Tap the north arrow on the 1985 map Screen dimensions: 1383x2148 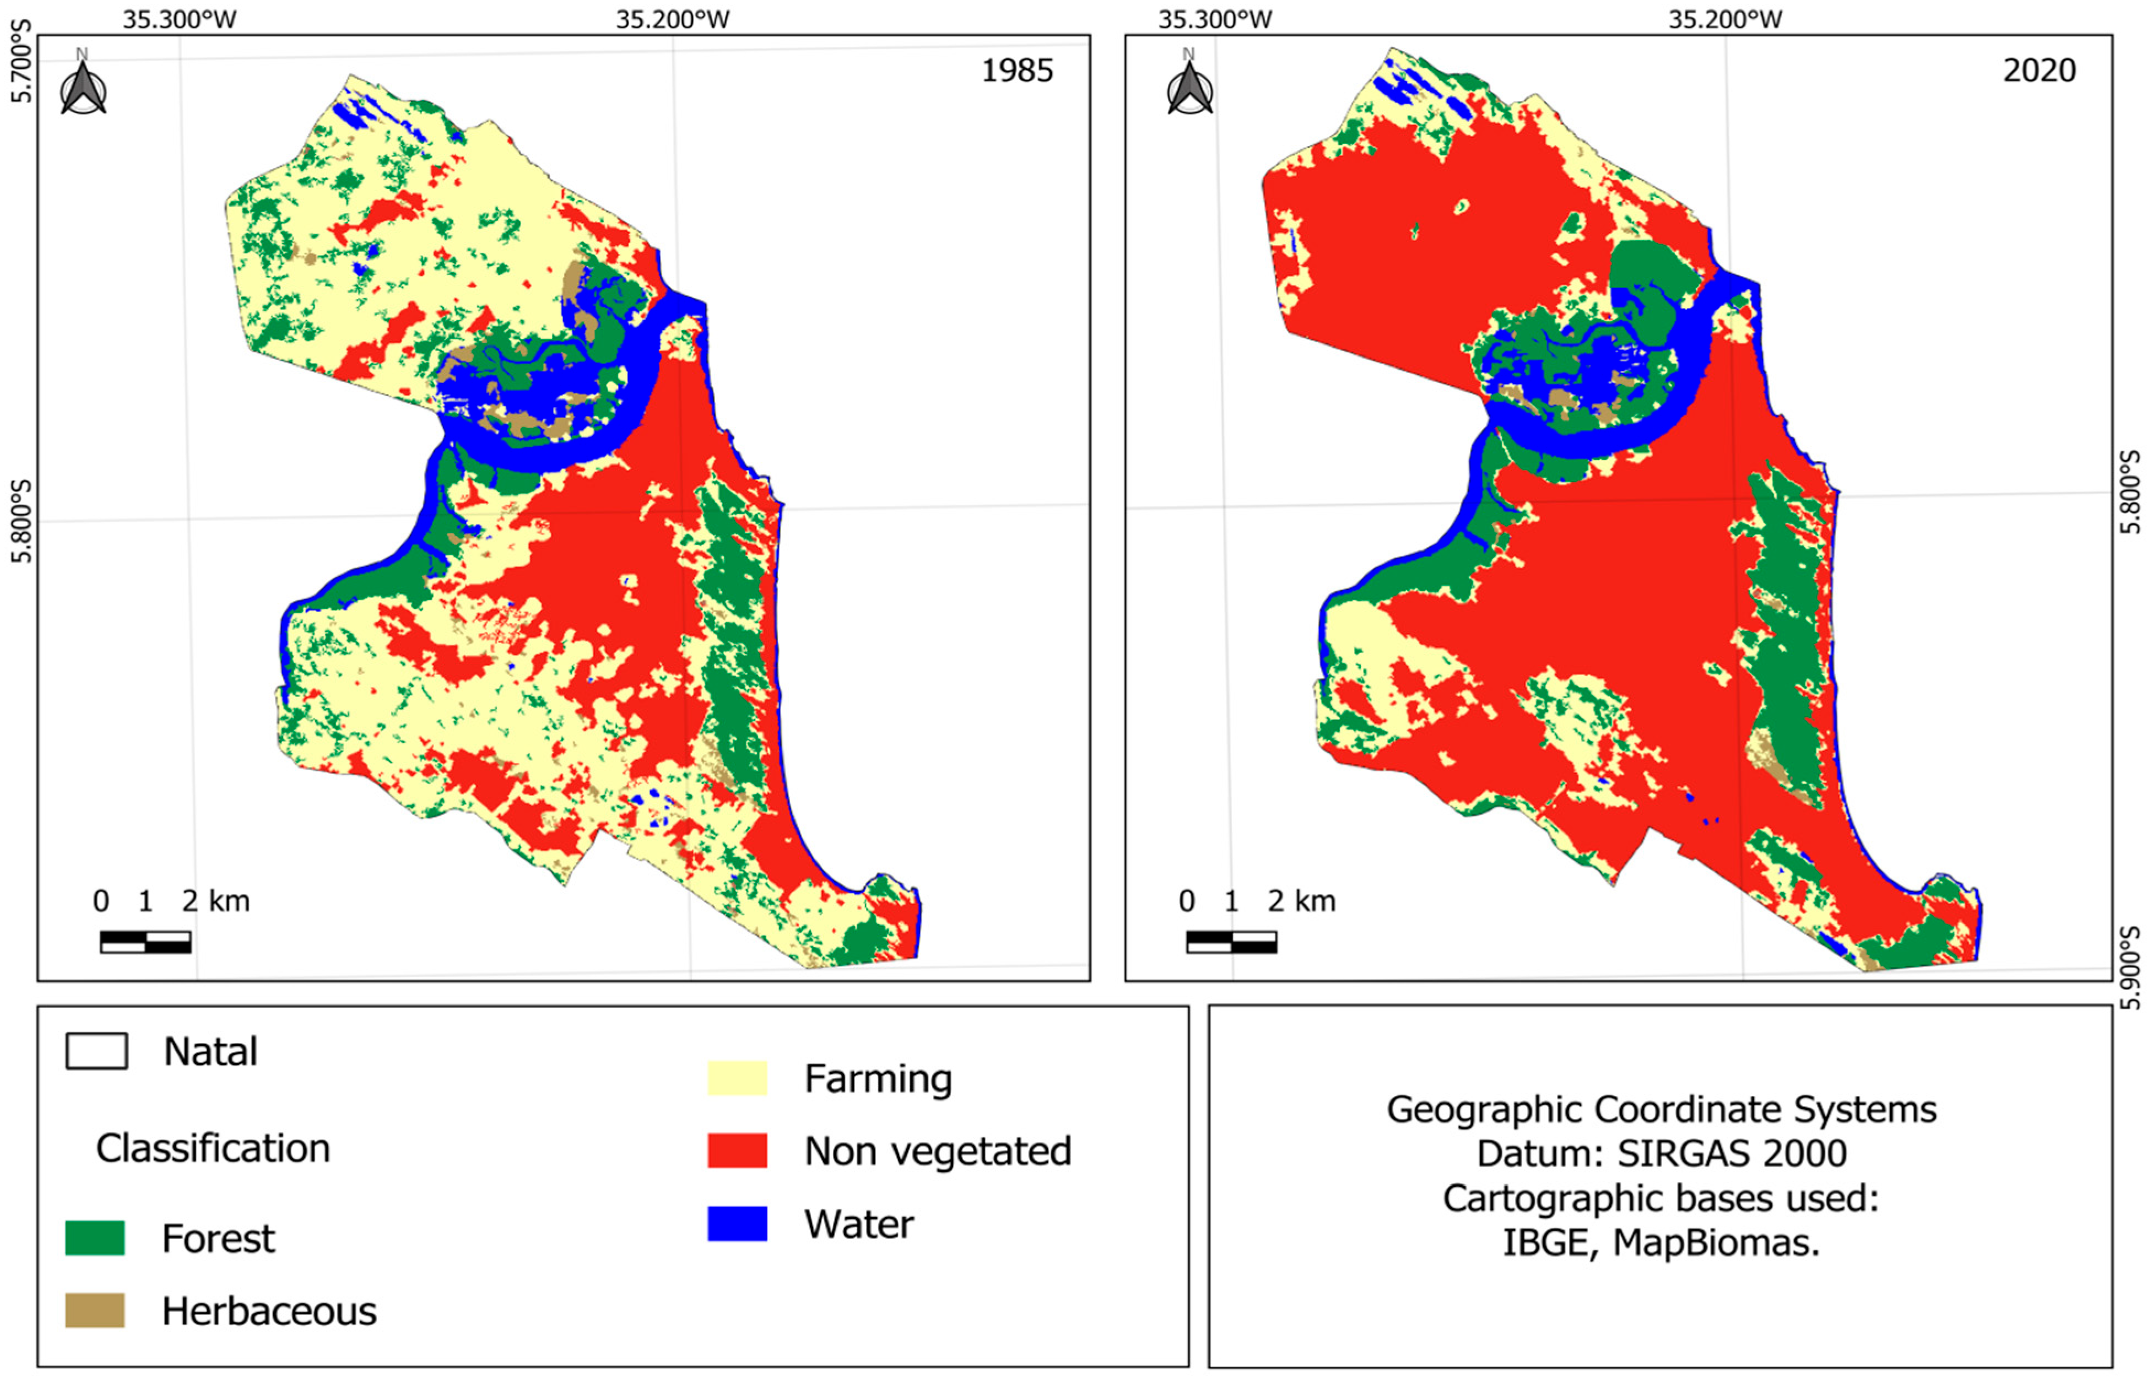pos(83,88)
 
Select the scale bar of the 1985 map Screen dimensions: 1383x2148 pos(145,942)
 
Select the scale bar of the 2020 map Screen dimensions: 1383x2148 pos(1231,942)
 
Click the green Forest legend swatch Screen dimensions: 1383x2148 pos(95,1239)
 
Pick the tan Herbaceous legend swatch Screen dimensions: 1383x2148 pos(95,1311)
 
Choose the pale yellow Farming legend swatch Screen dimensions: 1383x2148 pos(737,1078)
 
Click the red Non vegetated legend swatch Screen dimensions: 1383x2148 pos(737,1151)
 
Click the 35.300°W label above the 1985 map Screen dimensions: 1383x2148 pos(180,19)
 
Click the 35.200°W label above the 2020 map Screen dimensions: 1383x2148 pos(1725,19)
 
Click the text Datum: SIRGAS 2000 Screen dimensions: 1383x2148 pos(1662,1153)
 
